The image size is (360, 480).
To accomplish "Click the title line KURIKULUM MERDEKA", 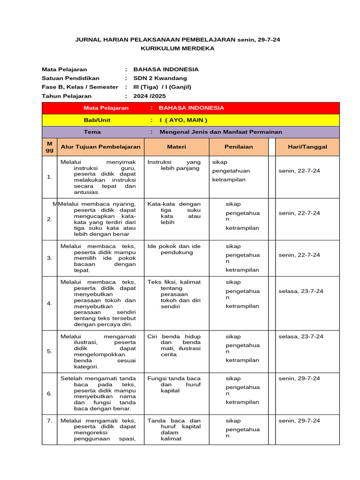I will tap(178, 48).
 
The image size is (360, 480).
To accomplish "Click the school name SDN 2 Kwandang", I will tap(160, 78).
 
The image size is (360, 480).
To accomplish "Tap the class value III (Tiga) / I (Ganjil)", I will tap(162, 87).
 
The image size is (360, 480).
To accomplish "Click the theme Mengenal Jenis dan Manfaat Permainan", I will tap(221, 132).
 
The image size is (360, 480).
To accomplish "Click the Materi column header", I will tap(176, 147).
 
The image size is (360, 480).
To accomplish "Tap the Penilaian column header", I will tap(238, 147).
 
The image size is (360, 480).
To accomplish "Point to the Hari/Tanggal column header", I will tap(307, 147).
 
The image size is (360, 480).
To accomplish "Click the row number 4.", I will tap(50, 303).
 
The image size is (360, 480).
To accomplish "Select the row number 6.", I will tap(50, 394).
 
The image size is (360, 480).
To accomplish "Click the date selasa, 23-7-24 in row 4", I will tap(300, 291).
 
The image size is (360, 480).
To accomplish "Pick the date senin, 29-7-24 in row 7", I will tap(299, 421).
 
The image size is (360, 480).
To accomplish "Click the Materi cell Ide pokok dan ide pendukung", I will tap(174, 249).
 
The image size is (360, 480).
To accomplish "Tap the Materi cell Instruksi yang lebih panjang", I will tap(174, 165).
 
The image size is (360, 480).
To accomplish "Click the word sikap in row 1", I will tap(220, 163).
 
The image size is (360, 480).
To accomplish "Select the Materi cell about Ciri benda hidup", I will tap(174, 345).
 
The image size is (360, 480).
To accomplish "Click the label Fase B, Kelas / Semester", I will tap(80, 87).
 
